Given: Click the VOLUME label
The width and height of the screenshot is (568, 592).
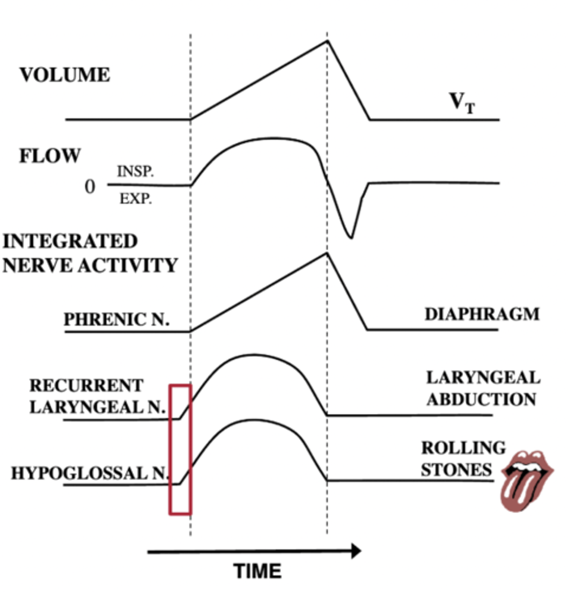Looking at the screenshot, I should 65,75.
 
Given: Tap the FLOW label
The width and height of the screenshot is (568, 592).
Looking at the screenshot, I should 49,156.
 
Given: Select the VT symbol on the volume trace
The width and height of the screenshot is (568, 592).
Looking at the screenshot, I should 462,103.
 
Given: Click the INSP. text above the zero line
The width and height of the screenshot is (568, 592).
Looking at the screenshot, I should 135,172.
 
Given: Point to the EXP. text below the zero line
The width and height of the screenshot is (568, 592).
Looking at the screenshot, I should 135,199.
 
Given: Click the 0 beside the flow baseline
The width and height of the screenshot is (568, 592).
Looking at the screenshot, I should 90,187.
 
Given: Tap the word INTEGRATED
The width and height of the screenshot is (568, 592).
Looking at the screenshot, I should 70,241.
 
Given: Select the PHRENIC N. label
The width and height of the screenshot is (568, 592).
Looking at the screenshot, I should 116,319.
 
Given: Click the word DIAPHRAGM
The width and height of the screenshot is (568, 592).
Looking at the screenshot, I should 482,314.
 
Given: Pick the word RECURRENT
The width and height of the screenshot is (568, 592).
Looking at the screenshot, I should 86,385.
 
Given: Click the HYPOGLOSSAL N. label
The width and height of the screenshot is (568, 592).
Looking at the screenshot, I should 90,473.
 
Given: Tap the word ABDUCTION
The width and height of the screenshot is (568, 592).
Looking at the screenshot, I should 481,399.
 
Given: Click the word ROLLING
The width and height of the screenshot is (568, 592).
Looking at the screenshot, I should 463,448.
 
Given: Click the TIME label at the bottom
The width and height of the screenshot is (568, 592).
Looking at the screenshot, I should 257,571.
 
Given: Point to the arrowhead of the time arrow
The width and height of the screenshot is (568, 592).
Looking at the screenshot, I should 356,551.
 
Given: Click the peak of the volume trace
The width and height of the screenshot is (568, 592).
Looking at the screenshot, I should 326,40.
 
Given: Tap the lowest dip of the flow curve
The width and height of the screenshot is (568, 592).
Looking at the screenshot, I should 351,237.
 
